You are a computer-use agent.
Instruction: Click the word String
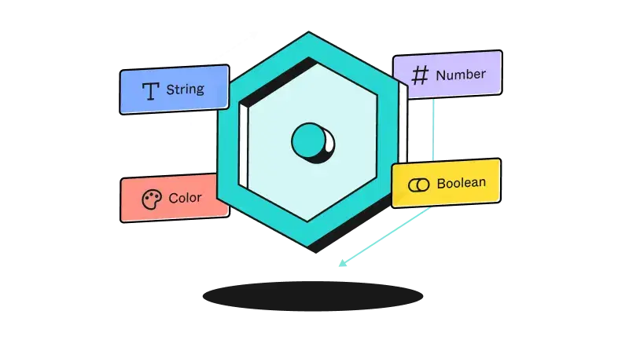[x=185, y=90]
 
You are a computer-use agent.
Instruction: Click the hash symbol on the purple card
[x=421, y=75]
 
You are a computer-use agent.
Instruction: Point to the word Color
[x=185, y=198]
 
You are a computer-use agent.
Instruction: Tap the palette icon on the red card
[x=149, y=199]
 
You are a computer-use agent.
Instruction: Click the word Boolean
[x=461, y=183]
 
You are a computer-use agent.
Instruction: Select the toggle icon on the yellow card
[x=418, y=185]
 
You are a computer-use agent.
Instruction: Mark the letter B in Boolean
[x=441, y=183]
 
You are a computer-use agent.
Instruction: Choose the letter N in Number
[x=440, y=75]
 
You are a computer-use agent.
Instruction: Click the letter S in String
[x=170, y=90]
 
